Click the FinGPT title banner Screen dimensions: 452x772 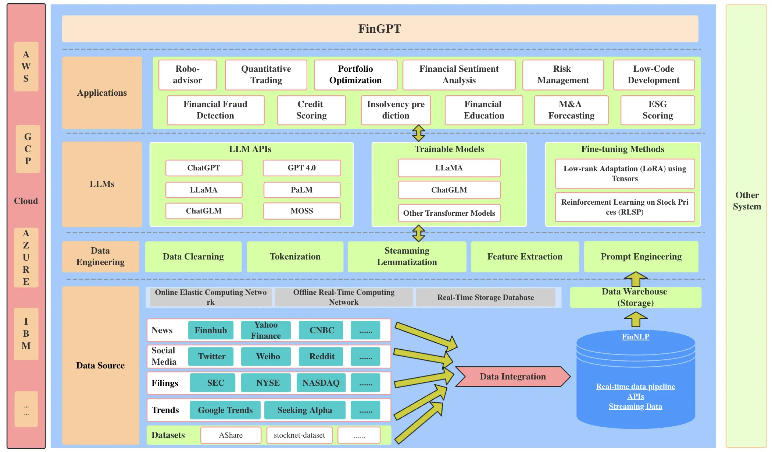(x=380, y=29)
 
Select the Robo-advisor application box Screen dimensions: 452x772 (x=187, y=75)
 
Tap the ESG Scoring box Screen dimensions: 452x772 (x=657, y=110)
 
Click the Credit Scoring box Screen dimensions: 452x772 (x=311, y=110)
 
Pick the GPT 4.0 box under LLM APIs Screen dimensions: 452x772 (x=301, y=168)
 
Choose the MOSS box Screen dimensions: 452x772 (x=301, y=211)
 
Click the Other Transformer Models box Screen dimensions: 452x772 (x=449, y=213)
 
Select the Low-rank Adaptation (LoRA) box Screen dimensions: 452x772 (x=625, y=173)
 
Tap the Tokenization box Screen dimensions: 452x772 (x=295, y=257)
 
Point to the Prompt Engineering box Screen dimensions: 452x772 (x=641, y=257)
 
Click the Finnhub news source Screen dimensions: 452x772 (x=210, y=330)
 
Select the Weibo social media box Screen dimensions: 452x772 (x=268, y=356)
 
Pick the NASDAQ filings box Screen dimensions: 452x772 (x=321, y=383)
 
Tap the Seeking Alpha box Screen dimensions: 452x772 (x=304, y=410)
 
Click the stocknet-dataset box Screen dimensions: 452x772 (x=299, y=435)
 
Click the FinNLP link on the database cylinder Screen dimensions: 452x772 (x=635, y=337)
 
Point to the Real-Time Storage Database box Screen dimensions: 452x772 (x=485, y=297)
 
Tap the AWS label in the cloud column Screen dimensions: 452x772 (x=26, y=67)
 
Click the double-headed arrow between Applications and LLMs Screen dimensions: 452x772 (x=418, y=133)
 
